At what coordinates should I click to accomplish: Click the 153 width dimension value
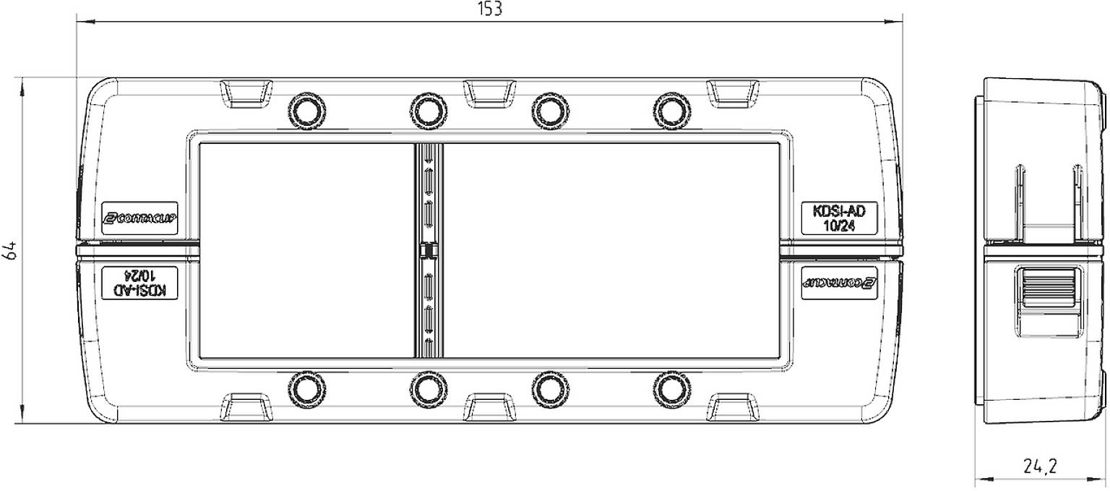coord(490,9)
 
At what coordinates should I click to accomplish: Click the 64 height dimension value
coord(10,250)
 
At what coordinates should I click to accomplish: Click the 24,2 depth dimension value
coord(1040,467)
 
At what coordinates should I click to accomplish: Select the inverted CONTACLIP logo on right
coord(839,282)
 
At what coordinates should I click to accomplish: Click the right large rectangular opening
coord(611,250)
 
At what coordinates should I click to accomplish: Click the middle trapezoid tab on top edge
coord(489,93)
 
